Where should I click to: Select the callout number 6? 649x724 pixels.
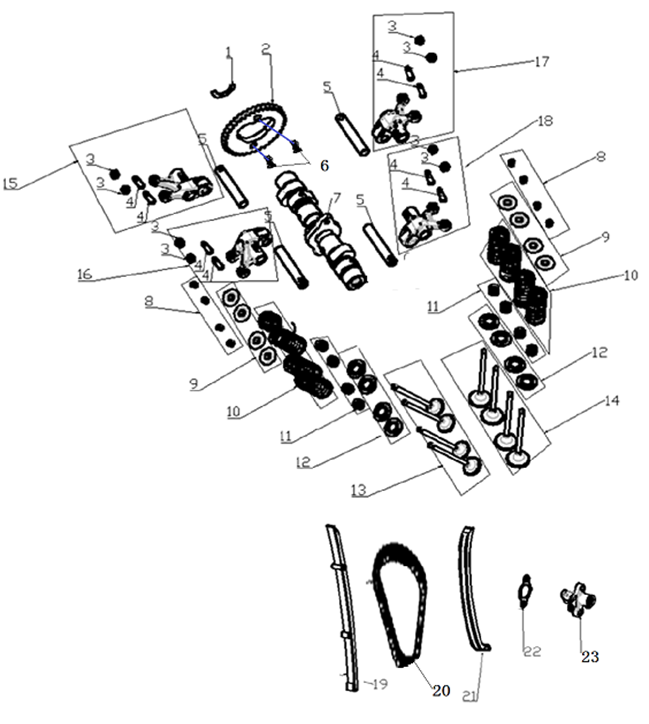(x=324, y=165)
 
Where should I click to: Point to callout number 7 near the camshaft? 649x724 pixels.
(x=336, y=198)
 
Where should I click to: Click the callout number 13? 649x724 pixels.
(x=359, y=490)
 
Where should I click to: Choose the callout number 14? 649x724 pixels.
(x=612, y=401)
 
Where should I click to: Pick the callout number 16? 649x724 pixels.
(x=85, y=274)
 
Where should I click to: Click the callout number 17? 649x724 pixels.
(x=542, y=62)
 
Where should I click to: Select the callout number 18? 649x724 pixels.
(x=545, y=121)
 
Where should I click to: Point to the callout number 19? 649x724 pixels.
(x=379, y=684)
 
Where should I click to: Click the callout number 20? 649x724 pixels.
(x=441, y=690)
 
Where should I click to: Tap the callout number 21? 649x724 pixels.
(x=470, y=696)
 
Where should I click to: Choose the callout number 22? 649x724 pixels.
(x=533, y=651)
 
